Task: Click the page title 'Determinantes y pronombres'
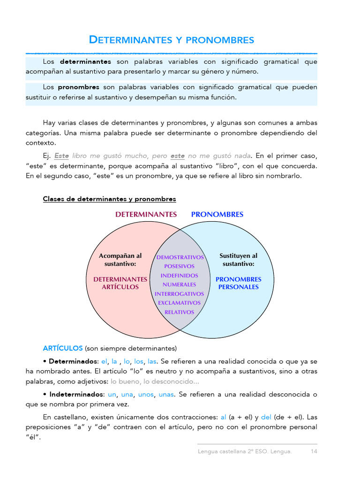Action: pos(172,40)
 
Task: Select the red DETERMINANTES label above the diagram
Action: pos(146,214)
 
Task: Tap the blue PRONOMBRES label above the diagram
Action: pos(217,214)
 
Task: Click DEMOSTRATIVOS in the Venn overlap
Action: pos(180,257)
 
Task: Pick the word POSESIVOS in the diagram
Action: pos(179,266)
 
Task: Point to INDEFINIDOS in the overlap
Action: pos(179,276)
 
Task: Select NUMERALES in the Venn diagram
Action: pos(179,285)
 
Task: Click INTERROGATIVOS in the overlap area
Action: pos(179,294)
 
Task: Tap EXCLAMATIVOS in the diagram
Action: pos(179,303)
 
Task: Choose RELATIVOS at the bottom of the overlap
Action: pos(179,312)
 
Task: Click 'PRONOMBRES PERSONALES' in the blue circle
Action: pos(238,283)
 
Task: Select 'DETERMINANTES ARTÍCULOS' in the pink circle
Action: pos(120,283)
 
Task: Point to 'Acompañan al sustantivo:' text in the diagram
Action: pos(120,260)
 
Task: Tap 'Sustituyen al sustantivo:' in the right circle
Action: pos(238,260)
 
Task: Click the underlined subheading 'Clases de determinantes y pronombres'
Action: pos(109,199)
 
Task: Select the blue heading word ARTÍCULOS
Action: pos(62,348)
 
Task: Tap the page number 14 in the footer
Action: pos(314,451)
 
